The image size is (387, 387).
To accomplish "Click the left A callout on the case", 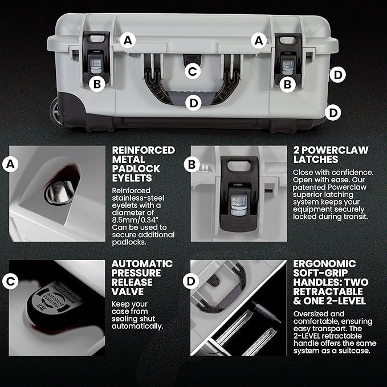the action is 128,40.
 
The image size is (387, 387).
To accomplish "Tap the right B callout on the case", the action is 287,84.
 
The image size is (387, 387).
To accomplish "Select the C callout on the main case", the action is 193,71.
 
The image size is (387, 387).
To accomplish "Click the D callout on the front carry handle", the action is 193,103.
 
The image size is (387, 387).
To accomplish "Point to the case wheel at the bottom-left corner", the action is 55,111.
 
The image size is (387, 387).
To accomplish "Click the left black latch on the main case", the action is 96,56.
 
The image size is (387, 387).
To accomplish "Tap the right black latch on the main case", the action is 288,57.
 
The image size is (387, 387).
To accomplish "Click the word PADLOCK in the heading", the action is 136,169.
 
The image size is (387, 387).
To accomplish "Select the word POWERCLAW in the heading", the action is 335,150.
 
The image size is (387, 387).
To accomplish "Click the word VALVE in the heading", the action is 127,292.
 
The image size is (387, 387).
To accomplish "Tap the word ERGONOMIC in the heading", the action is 324,264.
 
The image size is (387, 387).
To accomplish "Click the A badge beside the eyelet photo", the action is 10,164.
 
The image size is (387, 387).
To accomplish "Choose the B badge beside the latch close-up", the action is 192,165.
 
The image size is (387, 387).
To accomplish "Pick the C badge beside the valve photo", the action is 10,281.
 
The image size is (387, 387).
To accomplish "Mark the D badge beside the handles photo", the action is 191,281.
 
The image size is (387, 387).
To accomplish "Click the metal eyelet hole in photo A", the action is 59,192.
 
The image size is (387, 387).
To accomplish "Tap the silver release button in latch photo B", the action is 239,205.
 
